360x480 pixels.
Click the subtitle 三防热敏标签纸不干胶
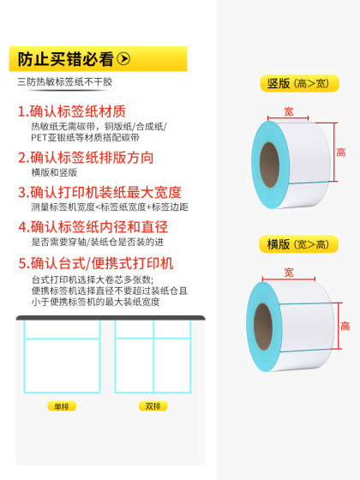[64, 83]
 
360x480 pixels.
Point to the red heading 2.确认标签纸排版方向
[86, 158]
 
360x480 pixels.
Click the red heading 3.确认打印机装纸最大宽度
[99, 193]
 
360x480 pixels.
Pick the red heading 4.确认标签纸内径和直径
[99, 227]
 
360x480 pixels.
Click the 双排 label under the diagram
[153, 405]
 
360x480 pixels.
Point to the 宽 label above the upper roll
[289, 111]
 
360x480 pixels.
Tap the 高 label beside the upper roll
[340, 153]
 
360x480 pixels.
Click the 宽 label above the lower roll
[289, 273]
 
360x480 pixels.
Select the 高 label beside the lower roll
[345, 326]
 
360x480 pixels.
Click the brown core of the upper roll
[268, 159]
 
